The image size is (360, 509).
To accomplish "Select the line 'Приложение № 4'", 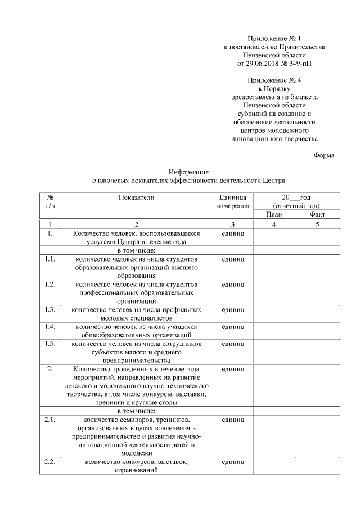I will [x=274, y=80].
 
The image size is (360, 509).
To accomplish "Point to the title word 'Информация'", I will [x=189, y=172].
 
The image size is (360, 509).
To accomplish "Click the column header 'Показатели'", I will [x=136, y=197].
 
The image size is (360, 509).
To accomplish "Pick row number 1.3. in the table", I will [x=49, y=309].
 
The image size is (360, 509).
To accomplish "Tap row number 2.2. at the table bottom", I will [x=49, y=462].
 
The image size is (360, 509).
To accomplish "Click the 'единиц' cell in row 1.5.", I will [x=232, y=343].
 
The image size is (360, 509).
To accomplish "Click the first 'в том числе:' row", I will [x=136, y=250].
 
